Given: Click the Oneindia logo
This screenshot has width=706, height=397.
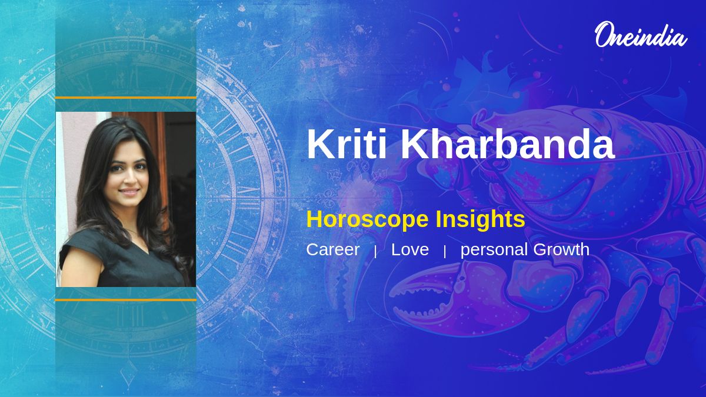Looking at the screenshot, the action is coord(641,35).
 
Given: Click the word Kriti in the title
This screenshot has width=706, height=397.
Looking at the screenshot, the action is coord(347,144).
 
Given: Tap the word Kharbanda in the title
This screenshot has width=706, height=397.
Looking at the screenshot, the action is coord(507,144).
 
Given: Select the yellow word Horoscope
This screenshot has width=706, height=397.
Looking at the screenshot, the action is coord(367,219).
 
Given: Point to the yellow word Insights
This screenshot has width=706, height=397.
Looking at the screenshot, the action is coord(480,219).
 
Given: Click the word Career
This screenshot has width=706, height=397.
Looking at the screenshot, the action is coord(333,249).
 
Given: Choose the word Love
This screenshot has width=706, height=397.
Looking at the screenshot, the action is coord(410,249).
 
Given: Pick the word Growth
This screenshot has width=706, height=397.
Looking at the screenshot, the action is coord(561,249).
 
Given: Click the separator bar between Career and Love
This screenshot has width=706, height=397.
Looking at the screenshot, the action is coord(375,252).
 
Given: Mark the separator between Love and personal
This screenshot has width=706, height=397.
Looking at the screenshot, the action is coord(445,252).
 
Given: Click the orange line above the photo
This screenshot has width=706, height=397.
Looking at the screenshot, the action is coord(126,98).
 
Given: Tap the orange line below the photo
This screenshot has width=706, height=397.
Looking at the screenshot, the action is coord(126,300).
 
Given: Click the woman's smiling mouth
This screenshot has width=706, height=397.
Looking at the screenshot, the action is coord(129,191).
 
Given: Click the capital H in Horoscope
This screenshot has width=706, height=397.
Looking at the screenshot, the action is coord(314,219).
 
